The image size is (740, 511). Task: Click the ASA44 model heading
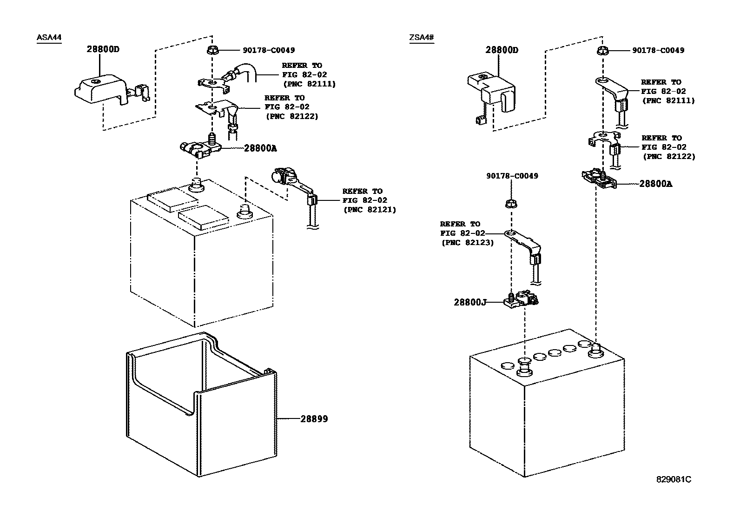pos(49,38)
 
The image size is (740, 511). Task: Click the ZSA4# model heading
pos(421,38)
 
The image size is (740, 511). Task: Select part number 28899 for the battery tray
pos(314,419)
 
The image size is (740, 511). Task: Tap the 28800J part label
pos(470,302)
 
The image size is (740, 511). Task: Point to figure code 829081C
pos(674,479)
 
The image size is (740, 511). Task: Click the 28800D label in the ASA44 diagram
pos(103,49)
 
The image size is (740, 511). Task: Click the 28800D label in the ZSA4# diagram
pos(502,50)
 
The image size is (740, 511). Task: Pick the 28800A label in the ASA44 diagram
pos(260,148)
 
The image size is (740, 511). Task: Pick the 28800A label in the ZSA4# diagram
pos(655,184)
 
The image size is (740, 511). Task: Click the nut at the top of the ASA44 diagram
pos(211,50)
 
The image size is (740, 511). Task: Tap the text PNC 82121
pos(370,210)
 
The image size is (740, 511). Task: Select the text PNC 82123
pos(467,243)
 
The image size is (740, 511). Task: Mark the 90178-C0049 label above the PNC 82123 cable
pos(512,176)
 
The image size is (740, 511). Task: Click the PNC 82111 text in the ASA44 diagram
pos(309,84)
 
